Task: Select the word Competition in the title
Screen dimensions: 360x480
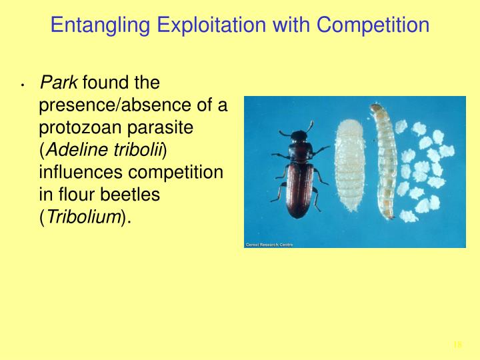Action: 373,26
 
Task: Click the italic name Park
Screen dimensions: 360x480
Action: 59,83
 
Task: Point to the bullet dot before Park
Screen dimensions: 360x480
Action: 23,85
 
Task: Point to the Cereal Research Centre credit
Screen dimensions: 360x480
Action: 269,245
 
